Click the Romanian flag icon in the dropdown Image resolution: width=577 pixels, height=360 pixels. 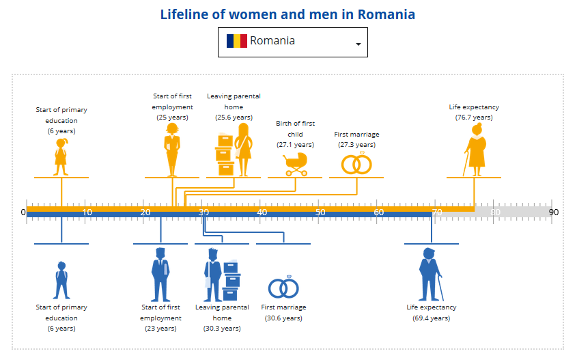(x=236, y=41)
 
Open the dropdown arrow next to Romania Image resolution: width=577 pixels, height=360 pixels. (x=358, y=44)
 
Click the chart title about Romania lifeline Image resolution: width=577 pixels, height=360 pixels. (x=287, y=14)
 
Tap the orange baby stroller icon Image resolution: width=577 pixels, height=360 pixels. (x=295, y=164)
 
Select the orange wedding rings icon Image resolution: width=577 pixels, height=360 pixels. (x=356, y=163)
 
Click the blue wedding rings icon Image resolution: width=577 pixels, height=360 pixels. (x=283, y=288)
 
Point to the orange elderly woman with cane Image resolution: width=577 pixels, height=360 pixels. (x=475, y=149)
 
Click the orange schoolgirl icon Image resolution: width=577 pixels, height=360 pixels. (x=61, y=157)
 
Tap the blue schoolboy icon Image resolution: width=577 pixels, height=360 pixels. (x=61, y=280)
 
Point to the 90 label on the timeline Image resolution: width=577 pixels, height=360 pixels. (x=553, y=212)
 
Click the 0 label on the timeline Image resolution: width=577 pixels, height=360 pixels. (x=23, y=212)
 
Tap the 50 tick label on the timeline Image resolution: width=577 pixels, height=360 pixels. (x=320, y=212)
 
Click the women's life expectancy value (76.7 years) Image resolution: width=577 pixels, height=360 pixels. (x=474, y=117)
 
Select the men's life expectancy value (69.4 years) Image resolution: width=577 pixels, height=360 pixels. (x=431, y=318)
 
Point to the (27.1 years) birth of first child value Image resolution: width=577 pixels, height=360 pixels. (x=295, y=145)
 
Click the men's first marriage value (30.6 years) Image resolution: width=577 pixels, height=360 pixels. (x=283, y=318)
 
